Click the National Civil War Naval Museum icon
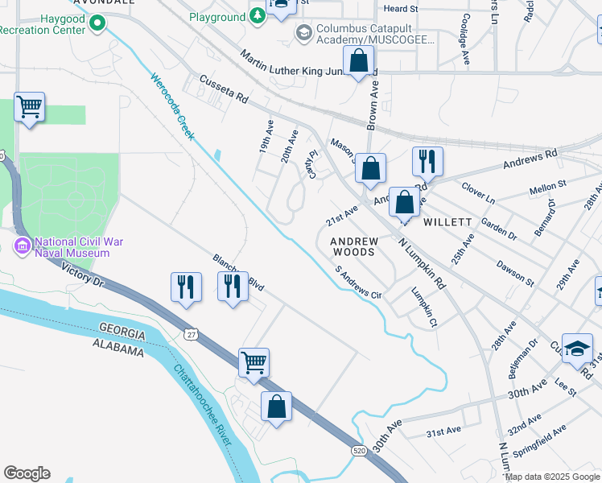(22, 244)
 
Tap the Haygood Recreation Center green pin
(98, 22)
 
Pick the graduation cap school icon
(576, 348)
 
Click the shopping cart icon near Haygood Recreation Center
(29, 106)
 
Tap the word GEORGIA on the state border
(122, 332)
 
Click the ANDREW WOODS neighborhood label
(353, 246)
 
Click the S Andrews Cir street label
(358, 283)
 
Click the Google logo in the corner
(27, 473)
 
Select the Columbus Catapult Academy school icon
(304, 32)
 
